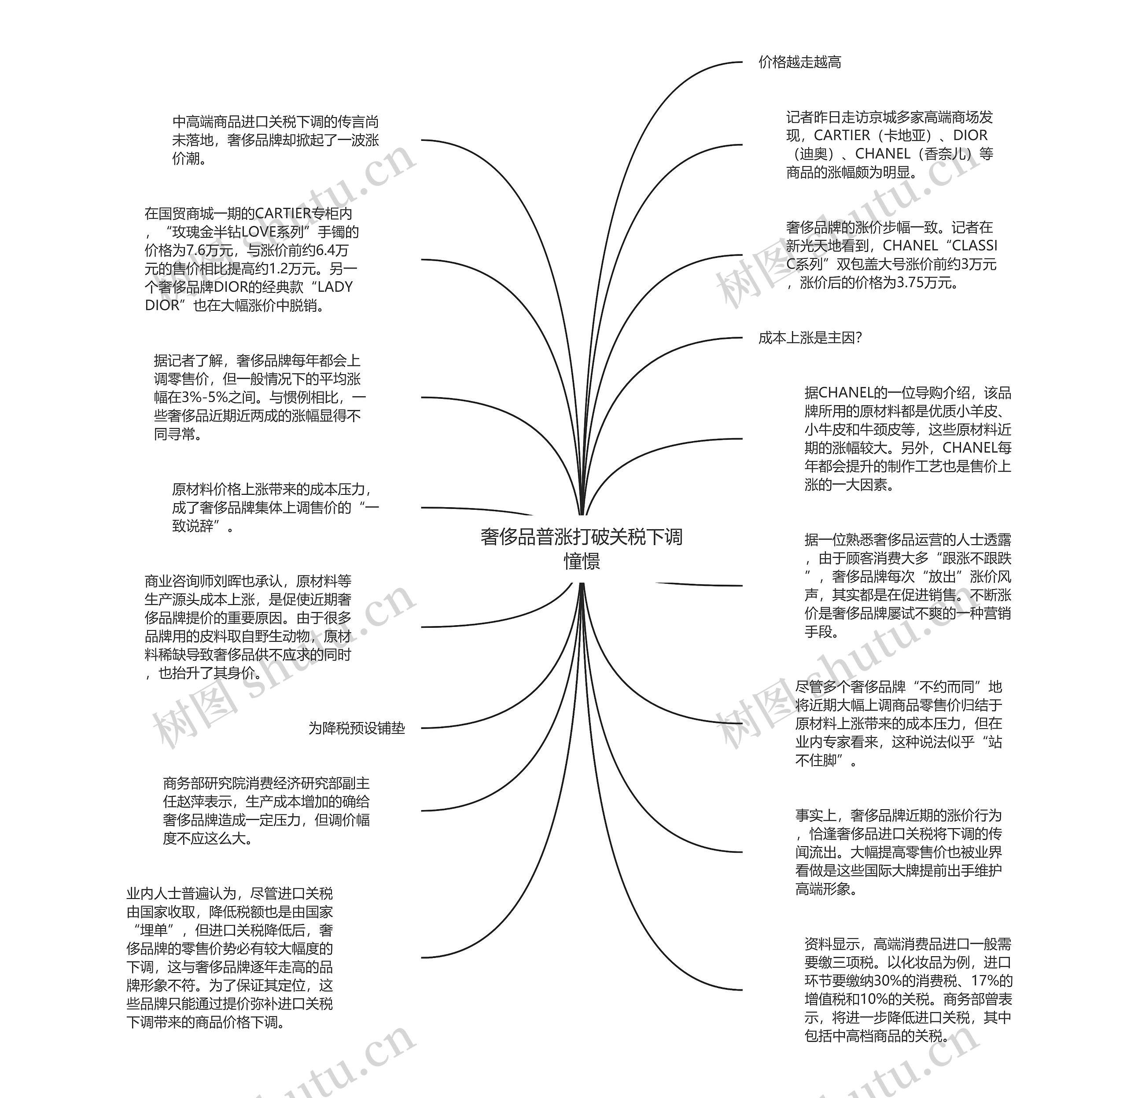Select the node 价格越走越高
[799, 62]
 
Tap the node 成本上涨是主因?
[810, 338]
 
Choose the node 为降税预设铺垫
[357, 728]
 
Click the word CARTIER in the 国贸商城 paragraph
[283, 214]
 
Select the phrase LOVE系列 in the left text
[272, 232]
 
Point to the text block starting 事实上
[898, 852]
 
